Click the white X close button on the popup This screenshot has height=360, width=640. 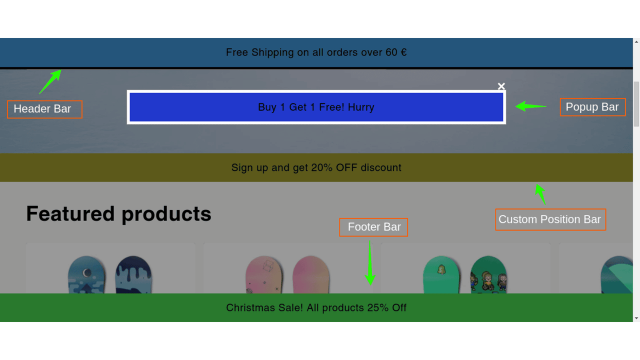coord(501,86)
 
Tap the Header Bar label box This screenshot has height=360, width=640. coord(45,109)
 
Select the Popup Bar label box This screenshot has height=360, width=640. coord(592,107)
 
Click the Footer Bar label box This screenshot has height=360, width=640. coord(373,227)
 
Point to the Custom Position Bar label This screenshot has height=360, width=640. coord(550,219)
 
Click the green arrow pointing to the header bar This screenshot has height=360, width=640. coord(50,81)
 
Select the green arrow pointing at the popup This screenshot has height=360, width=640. coord(531,106)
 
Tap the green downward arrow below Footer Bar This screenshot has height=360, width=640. coord(370,263)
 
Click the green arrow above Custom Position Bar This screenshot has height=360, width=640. coord(540,194)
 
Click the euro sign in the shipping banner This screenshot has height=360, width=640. coord(403,52)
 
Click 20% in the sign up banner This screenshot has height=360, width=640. coord(321,167)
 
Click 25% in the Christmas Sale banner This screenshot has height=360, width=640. coord(377,307)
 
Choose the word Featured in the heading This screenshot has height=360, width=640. coord(70,213)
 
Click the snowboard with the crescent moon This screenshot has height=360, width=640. coord(86,274)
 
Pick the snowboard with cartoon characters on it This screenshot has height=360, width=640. coord(488,274)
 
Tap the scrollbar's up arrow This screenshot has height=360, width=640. coord(636,41)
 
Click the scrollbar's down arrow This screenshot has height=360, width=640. coord(636,318)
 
